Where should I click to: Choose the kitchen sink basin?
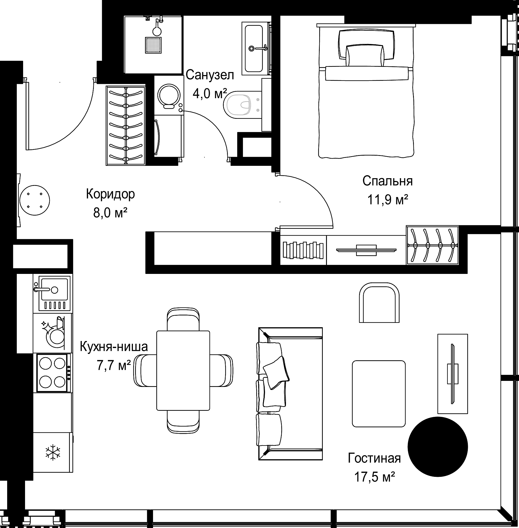click(x=54, y=289)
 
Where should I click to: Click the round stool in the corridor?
click(x=35, y=200)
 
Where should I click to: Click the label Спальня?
click(x=387, y=181)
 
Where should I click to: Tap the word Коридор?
click(x=110, y=194)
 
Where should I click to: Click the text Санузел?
click(x=210, y=75)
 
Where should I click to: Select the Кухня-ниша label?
click(x=114, y=347)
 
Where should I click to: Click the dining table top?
click(x=183, y=371)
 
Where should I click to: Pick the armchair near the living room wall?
click(x=379, y=303)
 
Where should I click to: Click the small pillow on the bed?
click(x=365, y=56)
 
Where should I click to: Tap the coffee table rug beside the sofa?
click(x=379, y=394)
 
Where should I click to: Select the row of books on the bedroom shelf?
click(x=303, y=250)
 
